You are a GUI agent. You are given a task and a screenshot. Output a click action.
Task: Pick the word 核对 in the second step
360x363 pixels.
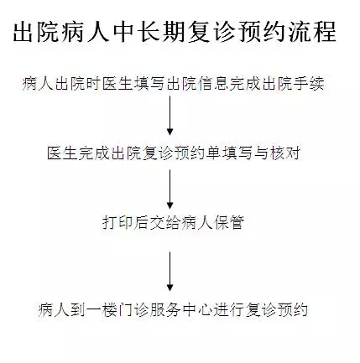click(x=285, y=153)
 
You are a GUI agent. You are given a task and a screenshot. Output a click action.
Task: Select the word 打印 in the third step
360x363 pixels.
click(x=117, y=223)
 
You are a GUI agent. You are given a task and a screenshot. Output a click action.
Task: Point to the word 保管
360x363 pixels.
click(x=229, y=223)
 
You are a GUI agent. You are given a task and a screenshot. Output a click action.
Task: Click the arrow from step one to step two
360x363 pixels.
click(x=170, y=116)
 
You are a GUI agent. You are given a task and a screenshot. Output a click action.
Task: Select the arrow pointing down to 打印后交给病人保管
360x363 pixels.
click(x=170, y=189)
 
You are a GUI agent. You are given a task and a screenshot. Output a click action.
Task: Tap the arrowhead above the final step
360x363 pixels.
click(x=170, y=288)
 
